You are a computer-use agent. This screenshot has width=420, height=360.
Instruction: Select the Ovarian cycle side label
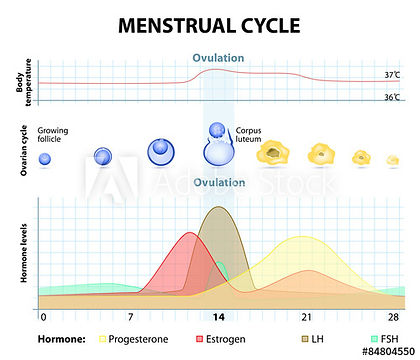(23, 151)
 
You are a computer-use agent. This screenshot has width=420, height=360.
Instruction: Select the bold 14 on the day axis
(217, 316)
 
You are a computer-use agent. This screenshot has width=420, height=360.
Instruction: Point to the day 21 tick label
(306, 316)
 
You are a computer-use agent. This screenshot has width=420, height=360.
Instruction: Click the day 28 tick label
(392, 316)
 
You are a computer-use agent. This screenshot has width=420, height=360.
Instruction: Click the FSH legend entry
(380, 339)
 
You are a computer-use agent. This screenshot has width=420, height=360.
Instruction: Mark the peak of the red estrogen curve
(189, 233)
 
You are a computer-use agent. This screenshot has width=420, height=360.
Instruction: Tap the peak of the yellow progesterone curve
(301, 238)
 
